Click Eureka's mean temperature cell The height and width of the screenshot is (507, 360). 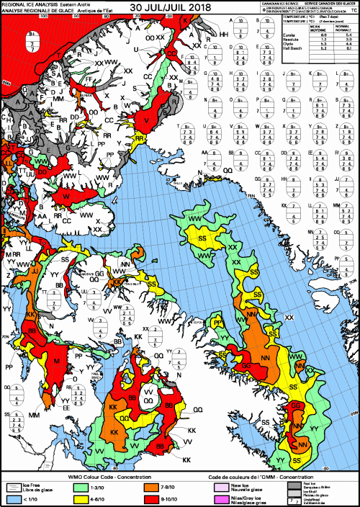323,35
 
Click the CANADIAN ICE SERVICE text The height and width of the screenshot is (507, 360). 280,4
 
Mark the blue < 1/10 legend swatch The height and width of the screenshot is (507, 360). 12,499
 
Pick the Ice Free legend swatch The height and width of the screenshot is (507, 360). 12,488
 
